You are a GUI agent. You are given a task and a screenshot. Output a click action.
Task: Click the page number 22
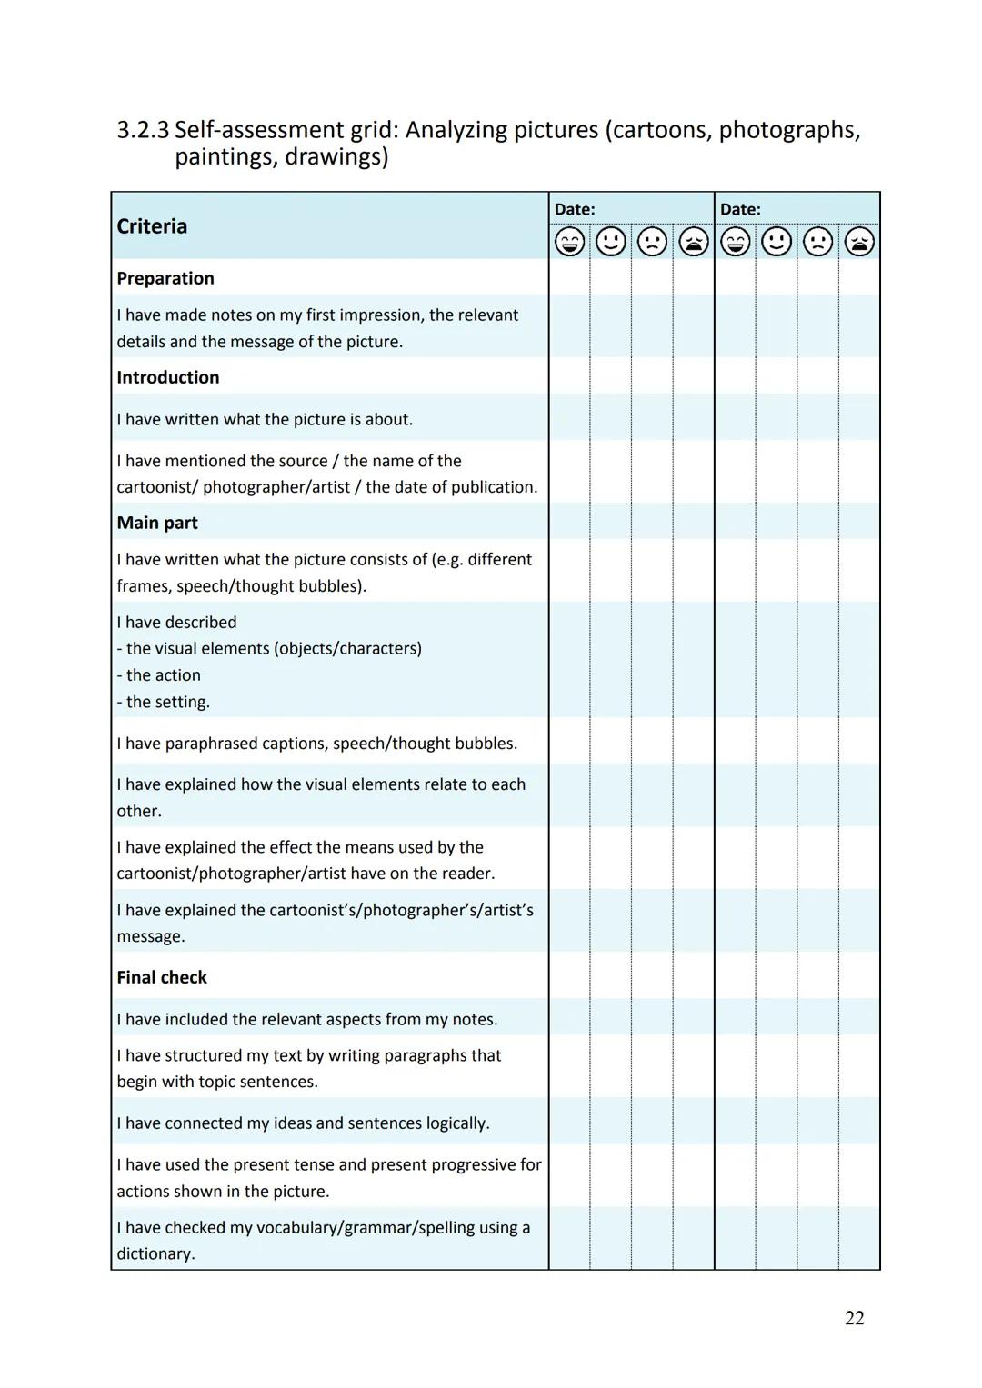854,1318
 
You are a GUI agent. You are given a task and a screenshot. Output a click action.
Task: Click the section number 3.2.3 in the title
143,130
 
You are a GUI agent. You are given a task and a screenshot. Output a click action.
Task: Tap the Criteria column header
152,226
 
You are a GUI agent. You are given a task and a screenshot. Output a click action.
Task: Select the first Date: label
575,209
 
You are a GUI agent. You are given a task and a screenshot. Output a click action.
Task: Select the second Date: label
740,209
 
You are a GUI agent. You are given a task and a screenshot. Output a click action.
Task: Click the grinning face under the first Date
570,242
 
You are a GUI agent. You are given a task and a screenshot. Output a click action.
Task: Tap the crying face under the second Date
859,242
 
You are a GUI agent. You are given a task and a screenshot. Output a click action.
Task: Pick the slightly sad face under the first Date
652,242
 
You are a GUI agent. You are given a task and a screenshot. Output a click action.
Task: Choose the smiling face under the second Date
777,242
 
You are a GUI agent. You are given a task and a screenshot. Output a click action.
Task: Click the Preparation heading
165,278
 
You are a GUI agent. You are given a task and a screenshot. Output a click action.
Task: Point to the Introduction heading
168,377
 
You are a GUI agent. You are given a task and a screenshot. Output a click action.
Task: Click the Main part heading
157,523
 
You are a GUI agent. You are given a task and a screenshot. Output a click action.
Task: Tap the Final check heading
162,977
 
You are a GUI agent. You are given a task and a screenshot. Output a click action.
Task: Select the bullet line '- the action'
159,675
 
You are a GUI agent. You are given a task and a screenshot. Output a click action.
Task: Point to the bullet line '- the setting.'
164,702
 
